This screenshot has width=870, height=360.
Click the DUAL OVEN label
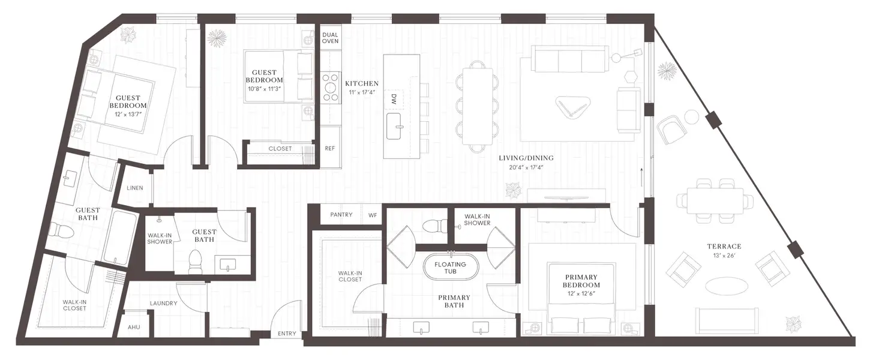330,38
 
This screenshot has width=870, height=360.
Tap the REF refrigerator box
329,148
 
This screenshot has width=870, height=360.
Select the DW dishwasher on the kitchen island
394,99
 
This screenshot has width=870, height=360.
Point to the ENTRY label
287,334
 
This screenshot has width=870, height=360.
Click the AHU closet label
134,328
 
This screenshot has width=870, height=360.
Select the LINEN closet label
135,188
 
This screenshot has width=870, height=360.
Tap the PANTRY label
341,214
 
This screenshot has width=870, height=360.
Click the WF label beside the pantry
373,214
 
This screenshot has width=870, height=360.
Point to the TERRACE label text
724,246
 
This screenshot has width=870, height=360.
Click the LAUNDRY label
163,303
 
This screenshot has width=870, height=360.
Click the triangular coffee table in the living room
573,108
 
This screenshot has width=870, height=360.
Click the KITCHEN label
362,83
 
